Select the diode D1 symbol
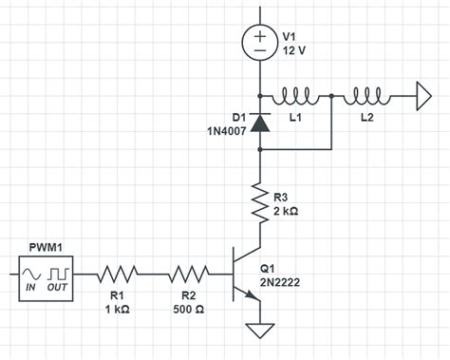pos(259,122)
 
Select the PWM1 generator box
pos(46,275)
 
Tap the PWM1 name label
pos(45,247)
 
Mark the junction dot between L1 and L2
pos(330,96)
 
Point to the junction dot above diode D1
pos(259,96)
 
